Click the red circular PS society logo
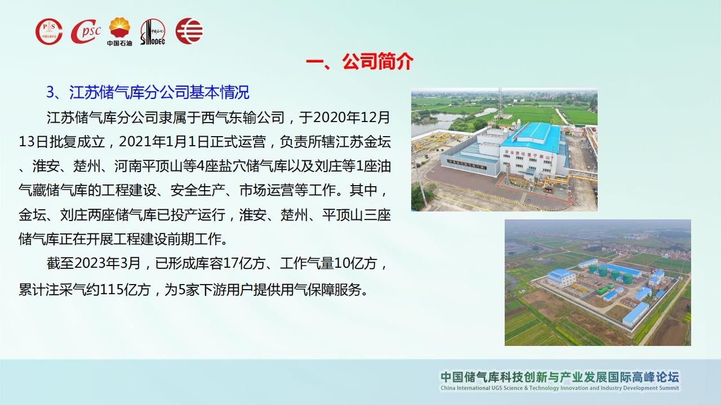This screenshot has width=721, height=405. [x=49, y=31]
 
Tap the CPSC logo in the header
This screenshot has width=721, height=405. [x=86, y=31]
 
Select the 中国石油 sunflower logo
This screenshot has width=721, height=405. [x=120, y=31]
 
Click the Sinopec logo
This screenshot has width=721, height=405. [x=153, y=31]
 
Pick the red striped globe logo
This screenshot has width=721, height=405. [x=189, y=31]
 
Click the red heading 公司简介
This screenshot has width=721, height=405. [x=378, y=61]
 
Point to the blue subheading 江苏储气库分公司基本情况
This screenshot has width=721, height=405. [x=159, y=92]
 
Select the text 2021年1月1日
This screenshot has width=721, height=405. [x=164, y=142]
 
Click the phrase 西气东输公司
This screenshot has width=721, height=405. [x=243, y=118]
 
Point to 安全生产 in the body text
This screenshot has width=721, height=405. [x=198, y=190]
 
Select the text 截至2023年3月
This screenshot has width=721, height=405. [x=94, y=263]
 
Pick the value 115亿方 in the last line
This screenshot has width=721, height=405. [x=126, y=290]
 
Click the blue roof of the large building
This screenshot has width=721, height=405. [x=535, y=136]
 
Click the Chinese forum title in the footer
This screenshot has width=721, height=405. [x=560, y=377]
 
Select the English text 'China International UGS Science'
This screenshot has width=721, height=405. [x=482, y=388]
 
